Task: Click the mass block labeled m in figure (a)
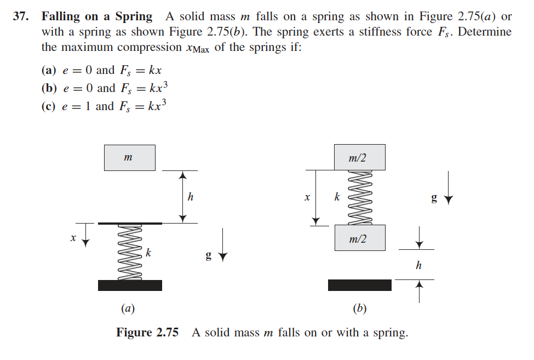pyautogui.click(x=129, y=158)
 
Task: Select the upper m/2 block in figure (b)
pyautogui.click(x=359, y=157)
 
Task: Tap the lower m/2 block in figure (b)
pyautogui.click(x=359, y=238)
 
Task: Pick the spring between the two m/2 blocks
pyautogui.click(x=359, y=197)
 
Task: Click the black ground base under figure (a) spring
pyautogui.click(x=130, y=285)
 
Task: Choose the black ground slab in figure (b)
pyautogui.click(x=359, y=285)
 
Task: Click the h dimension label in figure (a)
pyautogui.click(x=190, y=196)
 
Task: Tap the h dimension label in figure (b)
pyautogui.click(x=419, y=265)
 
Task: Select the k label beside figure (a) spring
pyautogui.click(x=148, y=253)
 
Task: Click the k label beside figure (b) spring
pyautogui.click(x=337, y=196)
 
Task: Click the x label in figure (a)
pyautogui.click(x=72, y=238)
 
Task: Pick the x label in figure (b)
pyautogui.click(x=307, y=196)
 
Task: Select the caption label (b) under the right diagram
pyautogui.click(x=359, y=308)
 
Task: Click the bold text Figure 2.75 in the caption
pyautogui.click(x=147, y=333)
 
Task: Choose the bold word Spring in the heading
pyautogui.click(x=134, y=16)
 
